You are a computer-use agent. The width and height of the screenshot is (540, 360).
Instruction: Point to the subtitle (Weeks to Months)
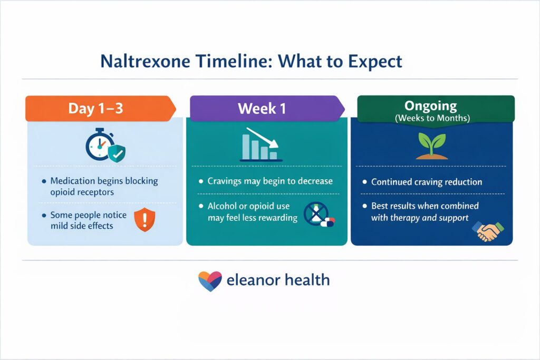[435, 118]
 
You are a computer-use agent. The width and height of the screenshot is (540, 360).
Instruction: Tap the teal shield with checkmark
[117, 153]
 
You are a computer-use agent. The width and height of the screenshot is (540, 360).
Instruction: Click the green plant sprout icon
[431, 145]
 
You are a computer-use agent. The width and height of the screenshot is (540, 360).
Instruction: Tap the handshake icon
[488, 230]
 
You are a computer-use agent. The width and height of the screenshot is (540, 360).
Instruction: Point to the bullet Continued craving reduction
[426, 182]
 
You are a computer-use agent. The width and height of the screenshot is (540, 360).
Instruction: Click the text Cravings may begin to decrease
[269, 181]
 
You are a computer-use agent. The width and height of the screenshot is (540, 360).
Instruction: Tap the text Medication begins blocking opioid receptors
[104, 186]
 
